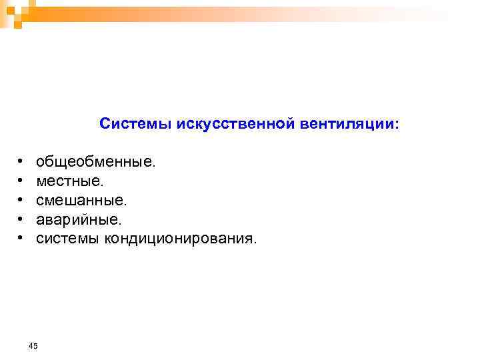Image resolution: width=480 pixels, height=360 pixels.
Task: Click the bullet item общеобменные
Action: [x=94, y=161]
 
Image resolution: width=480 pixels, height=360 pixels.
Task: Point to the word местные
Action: [x=68, y=181]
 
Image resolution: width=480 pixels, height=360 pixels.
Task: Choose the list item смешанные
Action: [x=79, y=200]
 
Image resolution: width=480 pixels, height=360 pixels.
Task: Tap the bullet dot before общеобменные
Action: [x=21, y=162]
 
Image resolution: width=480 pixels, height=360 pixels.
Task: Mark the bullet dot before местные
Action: [x=21, y=181]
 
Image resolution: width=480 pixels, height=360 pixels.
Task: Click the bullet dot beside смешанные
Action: [x=21, y=200]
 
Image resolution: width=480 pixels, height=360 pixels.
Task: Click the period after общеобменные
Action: [x=154, y=165]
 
